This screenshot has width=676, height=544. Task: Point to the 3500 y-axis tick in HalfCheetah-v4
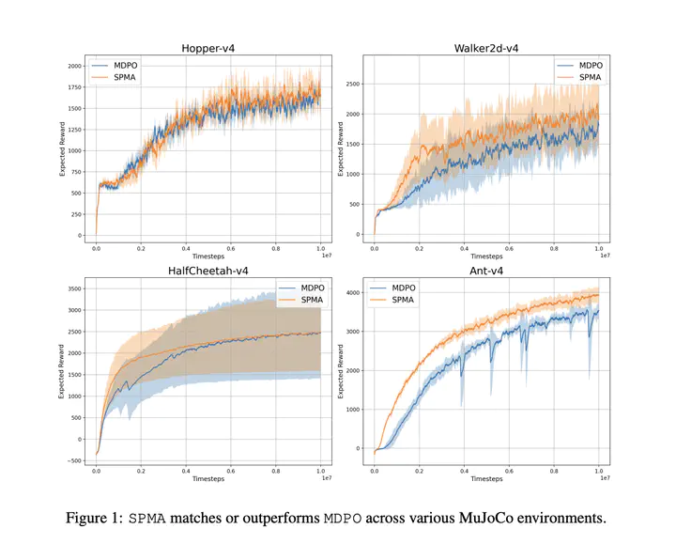point(71,288)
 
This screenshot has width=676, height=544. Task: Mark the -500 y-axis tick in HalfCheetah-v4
point(71,460)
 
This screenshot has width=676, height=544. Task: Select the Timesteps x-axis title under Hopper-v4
point(208,256)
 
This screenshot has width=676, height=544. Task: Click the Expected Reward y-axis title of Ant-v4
point(341,370)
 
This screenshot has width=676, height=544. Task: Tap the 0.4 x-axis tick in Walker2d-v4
point(463,247)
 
